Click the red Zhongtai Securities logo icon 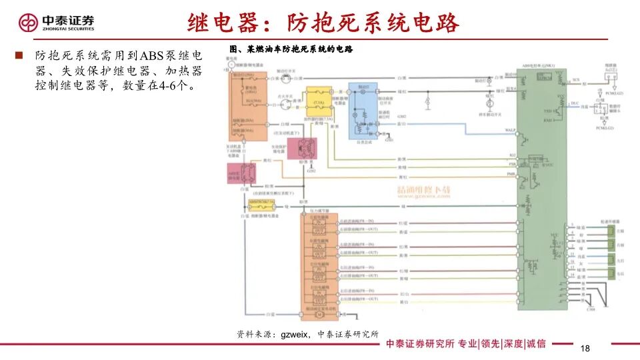click(28, 23)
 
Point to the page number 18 click(586, 349)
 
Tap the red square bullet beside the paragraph click(19, 55)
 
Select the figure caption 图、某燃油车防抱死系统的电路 click(290, 49)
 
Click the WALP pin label click(511, 129)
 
